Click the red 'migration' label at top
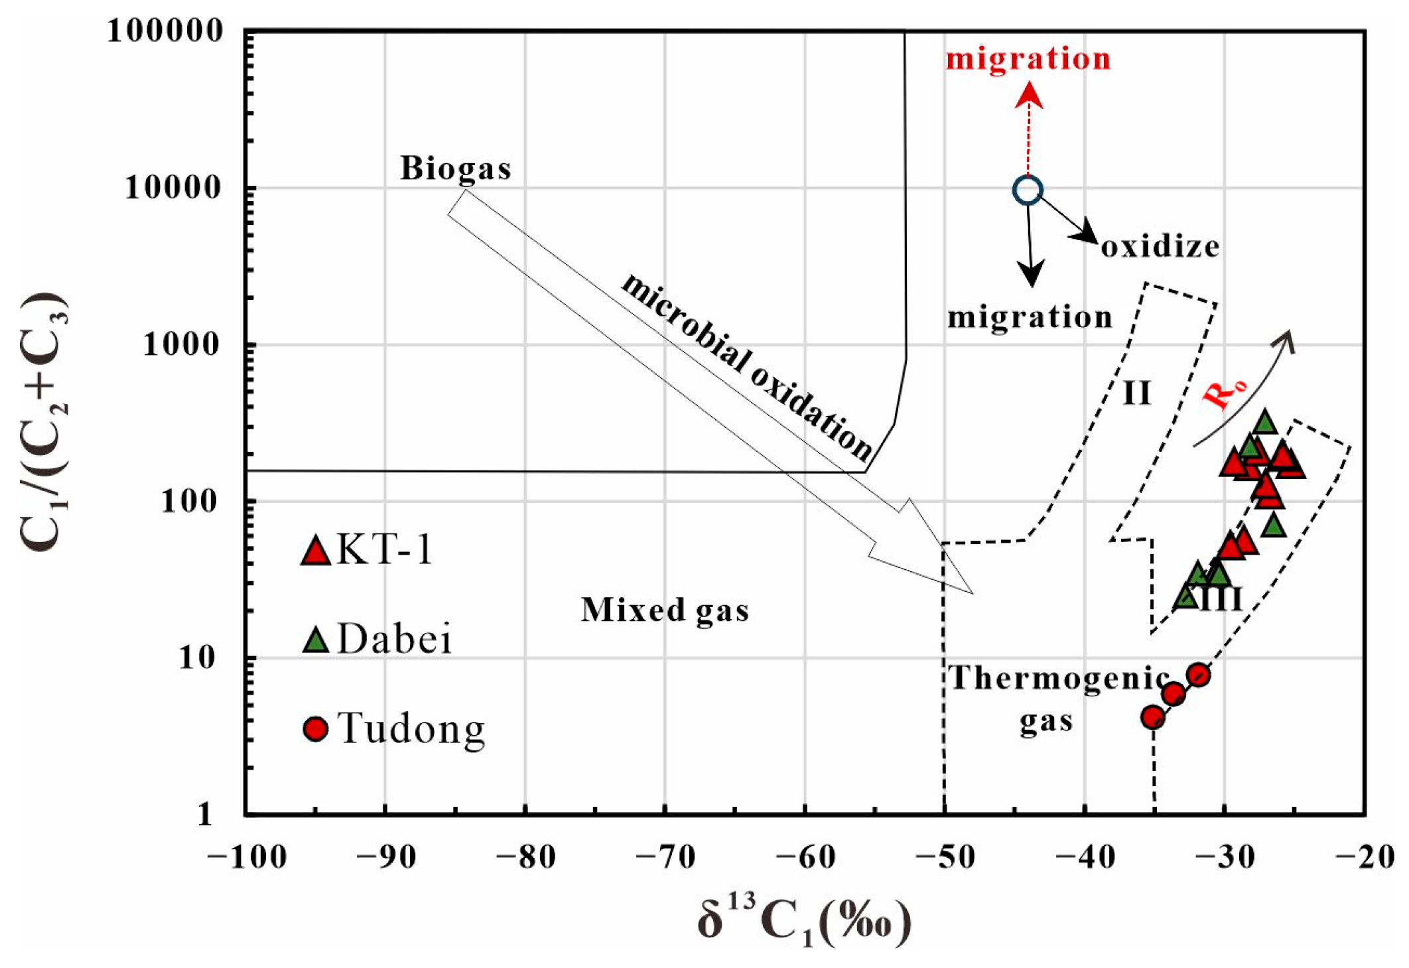point(1028,59)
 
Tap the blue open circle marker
point(1028,190)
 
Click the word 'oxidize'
point(1160,247)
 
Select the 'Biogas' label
point(456,169)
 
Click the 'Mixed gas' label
point(665,610)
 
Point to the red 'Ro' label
point(1225,393)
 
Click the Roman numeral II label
point(1136,393)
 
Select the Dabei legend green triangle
point(316,640)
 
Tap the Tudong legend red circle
point(315,728)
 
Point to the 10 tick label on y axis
point(197,658)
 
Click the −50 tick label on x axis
point(945,858)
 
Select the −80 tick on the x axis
point(525,858)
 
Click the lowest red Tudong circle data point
point(1153,717)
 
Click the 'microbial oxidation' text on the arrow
point(746,367)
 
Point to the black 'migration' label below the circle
point(1029,317)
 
